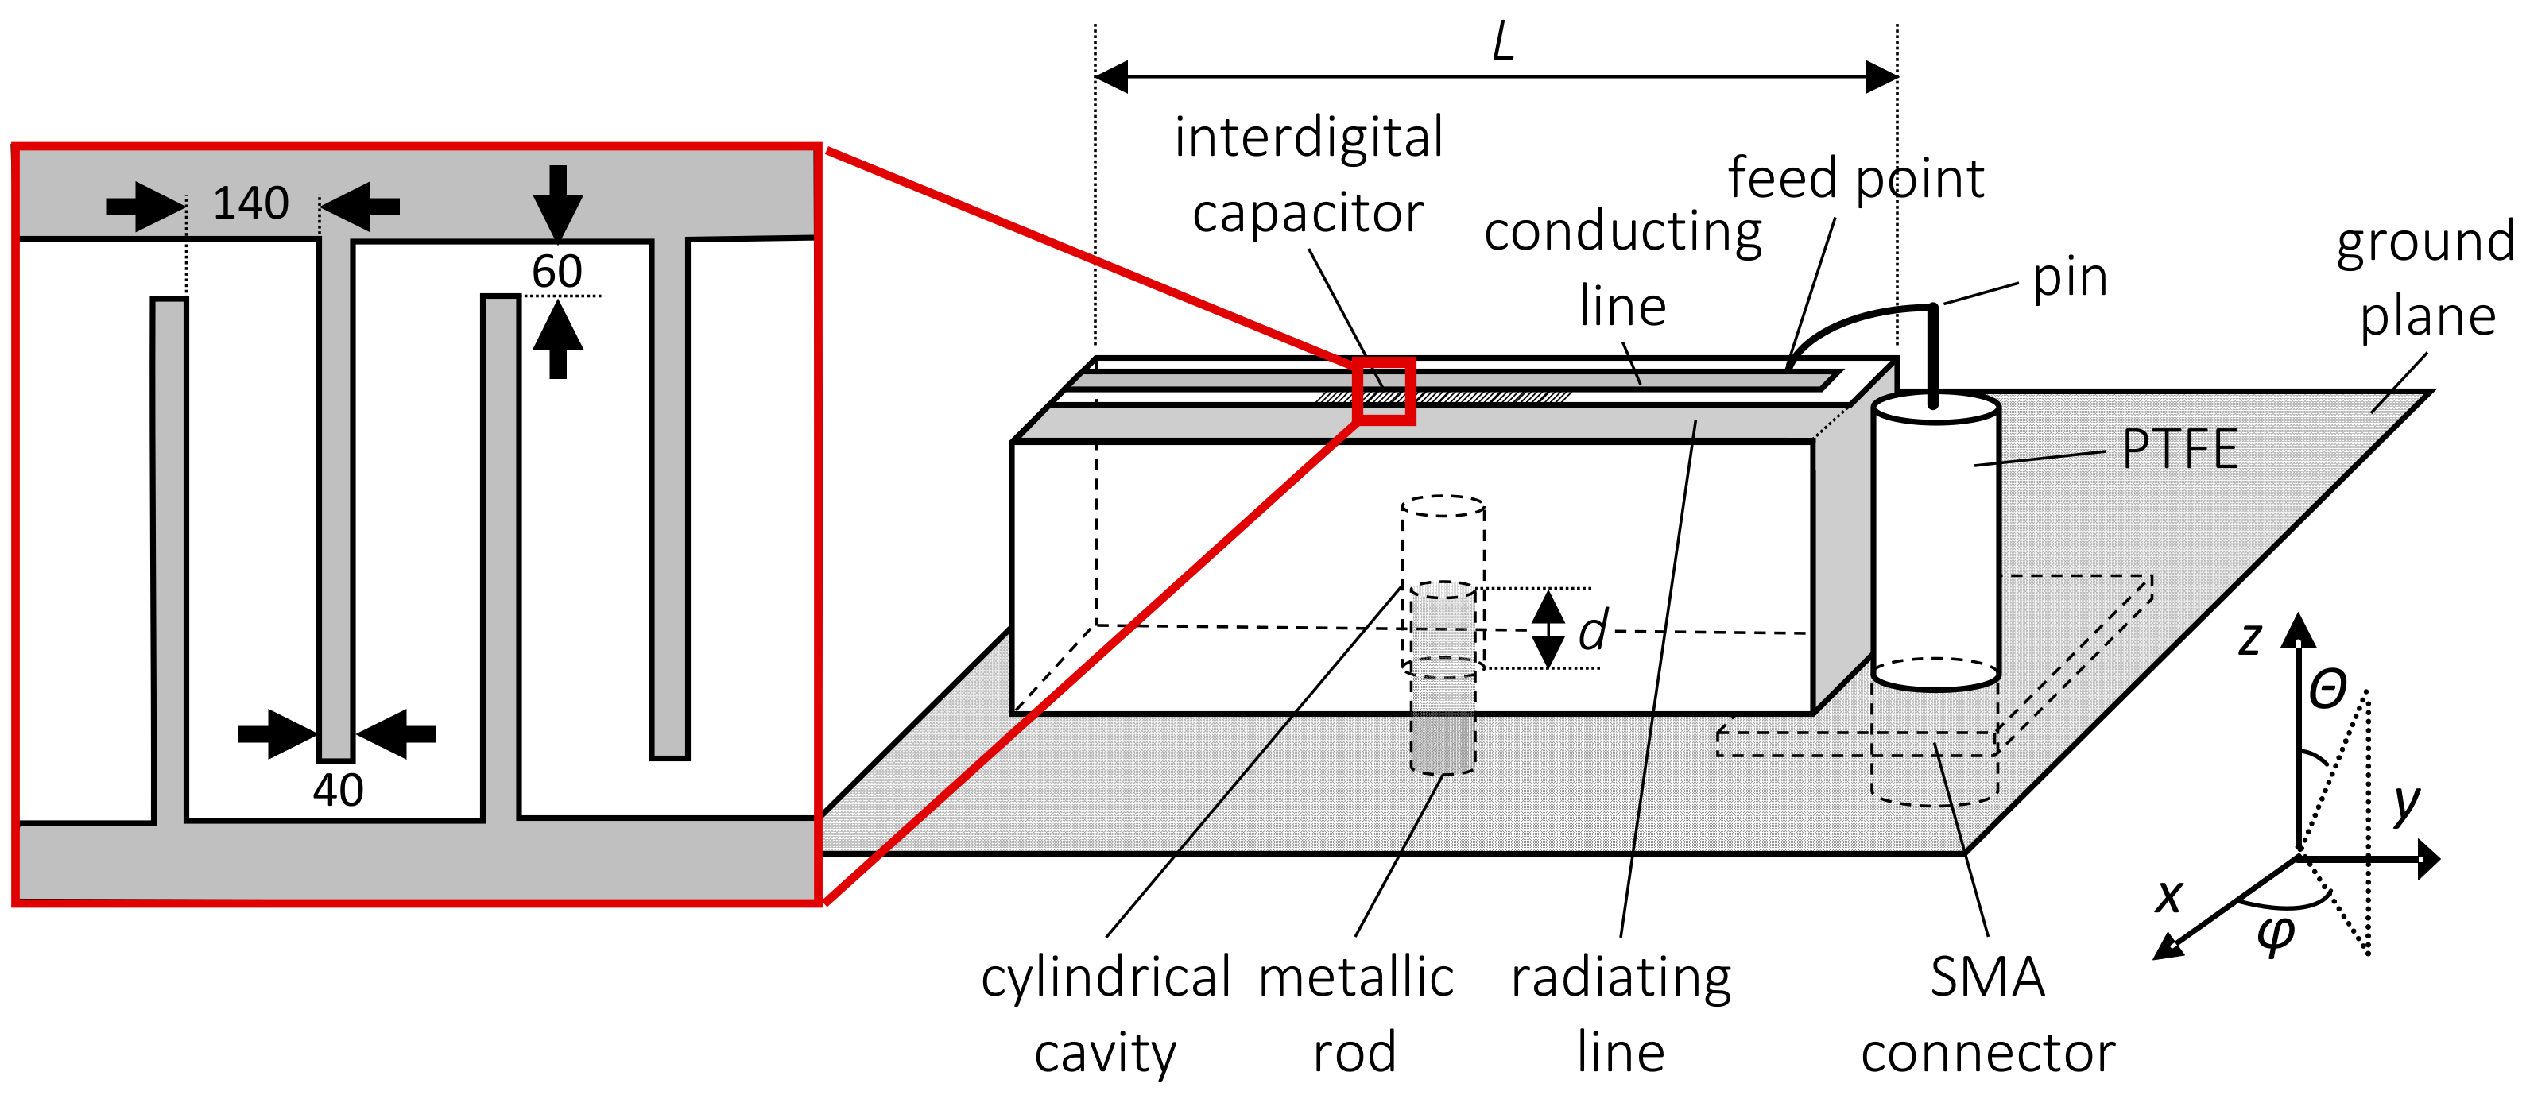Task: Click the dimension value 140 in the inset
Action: pos(250,203)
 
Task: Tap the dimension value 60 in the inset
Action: pos(557,271)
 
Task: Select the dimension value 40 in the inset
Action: pos(338,790)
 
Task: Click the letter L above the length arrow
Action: pos(1503,43)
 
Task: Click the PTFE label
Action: pos(2179,449)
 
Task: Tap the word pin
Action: pos(2069,277)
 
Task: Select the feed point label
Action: pos(1855,178)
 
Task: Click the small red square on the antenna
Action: pos(1384,391)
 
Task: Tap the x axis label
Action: pos(2168,896)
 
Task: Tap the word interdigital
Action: pos(1308,137)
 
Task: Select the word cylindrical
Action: pos(1105,977)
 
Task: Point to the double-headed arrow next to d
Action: pos(1549,629)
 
